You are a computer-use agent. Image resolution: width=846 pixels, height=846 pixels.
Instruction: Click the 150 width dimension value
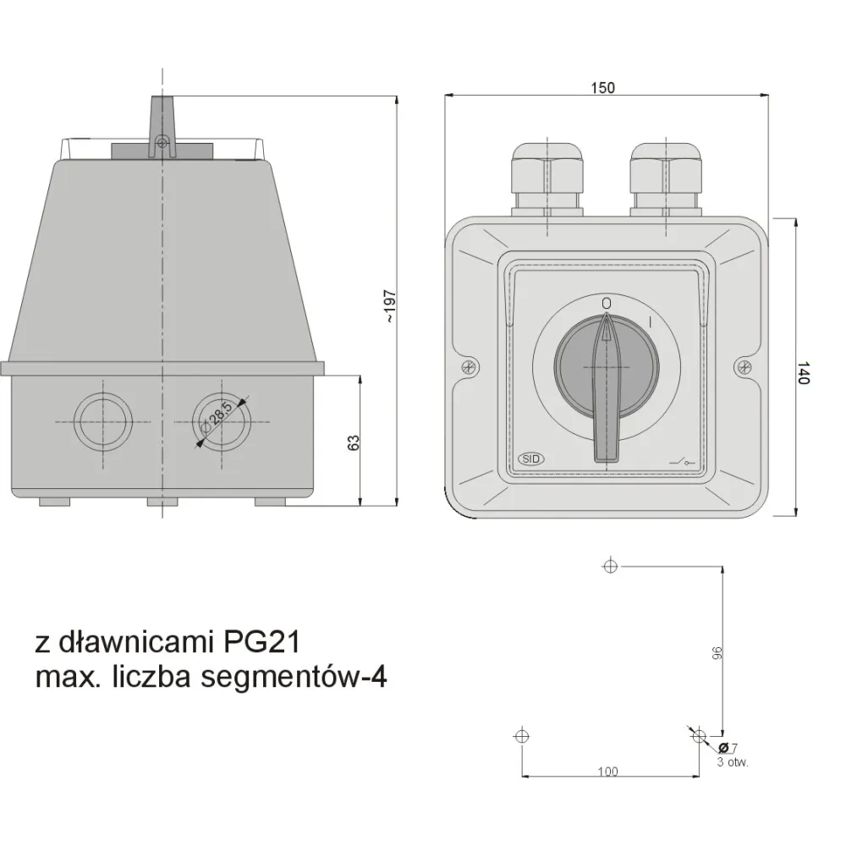coord(604,87)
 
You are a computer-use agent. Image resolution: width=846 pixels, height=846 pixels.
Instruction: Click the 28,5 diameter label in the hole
coord(221,418)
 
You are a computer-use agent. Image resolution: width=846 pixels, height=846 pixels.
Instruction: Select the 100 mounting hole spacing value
coord(607,771)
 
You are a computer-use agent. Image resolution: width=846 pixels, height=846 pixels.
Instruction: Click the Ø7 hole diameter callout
coord(728,748)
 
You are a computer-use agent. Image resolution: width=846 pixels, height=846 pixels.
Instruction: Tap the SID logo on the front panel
coord(530,458)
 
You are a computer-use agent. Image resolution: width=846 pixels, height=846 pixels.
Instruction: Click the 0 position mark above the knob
coord(606,302)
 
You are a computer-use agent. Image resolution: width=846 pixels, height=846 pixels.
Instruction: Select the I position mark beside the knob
coord(649,321)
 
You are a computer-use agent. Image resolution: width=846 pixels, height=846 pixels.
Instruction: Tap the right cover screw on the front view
coord(743,366)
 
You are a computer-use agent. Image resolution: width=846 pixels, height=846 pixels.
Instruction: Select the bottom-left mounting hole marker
coord(521,736)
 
